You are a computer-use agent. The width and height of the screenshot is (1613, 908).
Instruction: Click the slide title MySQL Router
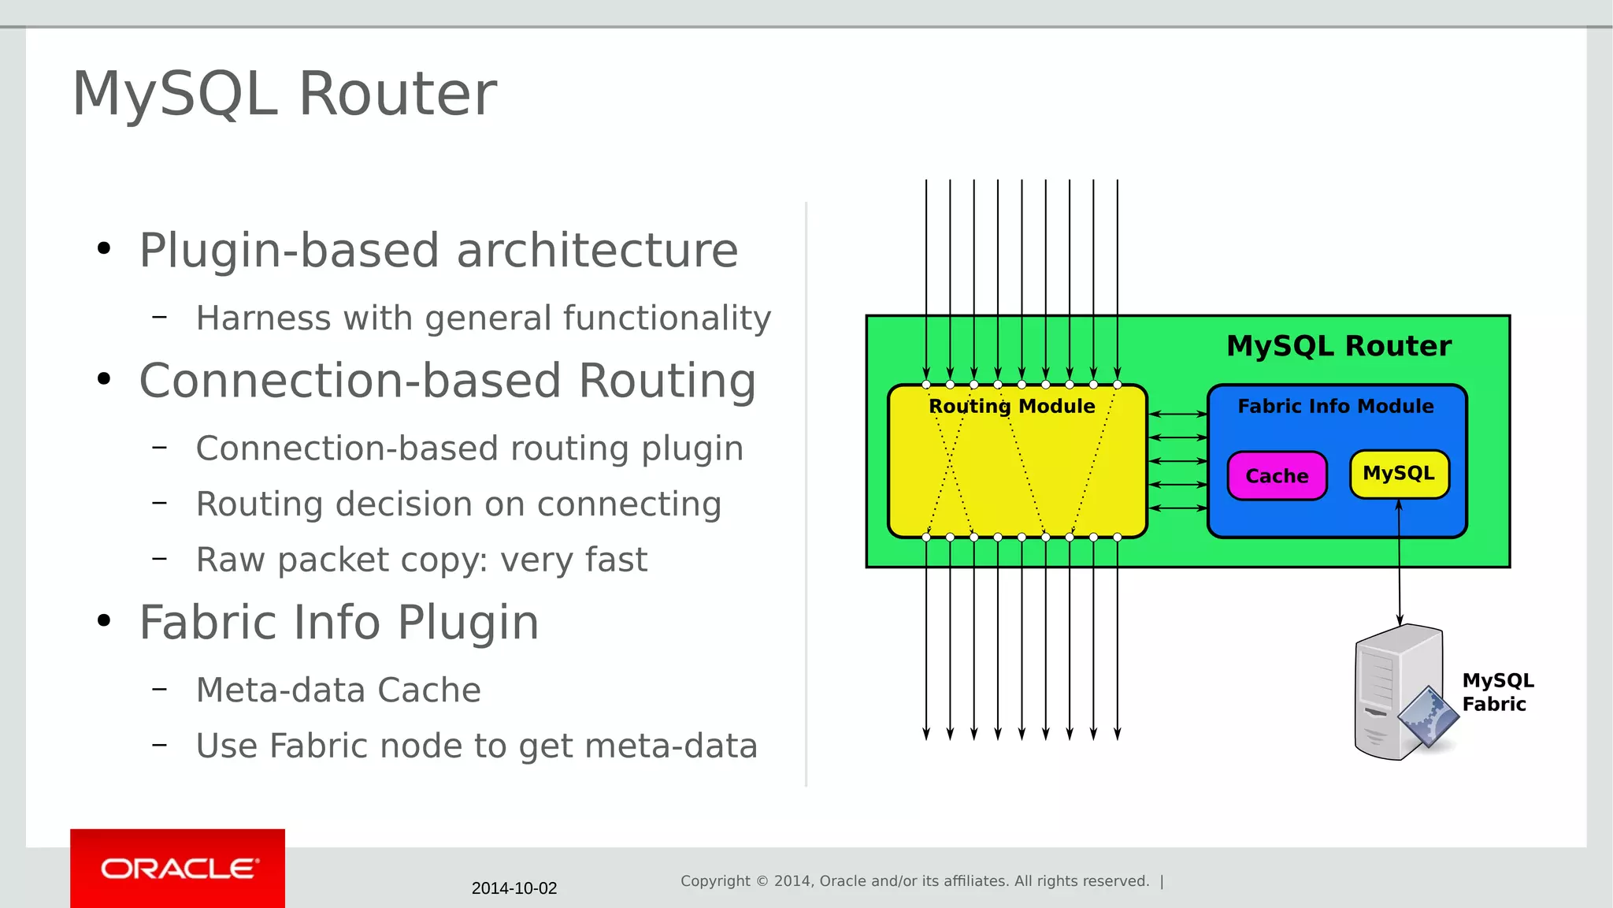284,94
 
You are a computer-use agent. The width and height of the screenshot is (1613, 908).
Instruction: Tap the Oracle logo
178,869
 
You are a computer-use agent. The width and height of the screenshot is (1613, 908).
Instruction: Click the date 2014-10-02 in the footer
514,888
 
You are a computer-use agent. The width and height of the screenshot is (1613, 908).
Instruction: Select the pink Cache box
1277,475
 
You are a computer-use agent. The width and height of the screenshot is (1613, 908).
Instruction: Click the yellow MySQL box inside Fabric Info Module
1399,473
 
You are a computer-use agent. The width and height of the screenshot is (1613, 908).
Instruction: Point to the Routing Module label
1012,406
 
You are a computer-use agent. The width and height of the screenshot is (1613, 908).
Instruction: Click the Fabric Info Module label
1336,406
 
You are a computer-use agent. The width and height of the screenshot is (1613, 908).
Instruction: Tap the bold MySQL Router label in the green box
1339,346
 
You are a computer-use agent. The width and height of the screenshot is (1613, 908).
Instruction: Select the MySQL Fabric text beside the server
1497,692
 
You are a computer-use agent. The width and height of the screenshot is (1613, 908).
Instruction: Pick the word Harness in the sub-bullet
263,318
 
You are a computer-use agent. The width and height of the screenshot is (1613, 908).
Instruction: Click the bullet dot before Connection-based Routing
104,380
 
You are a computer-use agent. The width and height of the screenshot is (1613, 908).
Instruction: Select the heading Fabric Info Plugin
339,623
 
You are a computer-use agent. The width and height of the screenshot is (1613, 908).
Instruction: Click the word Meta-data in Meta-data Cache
281,690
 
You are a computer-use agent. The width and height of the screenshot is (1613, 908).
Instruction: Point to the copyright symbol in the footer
762,881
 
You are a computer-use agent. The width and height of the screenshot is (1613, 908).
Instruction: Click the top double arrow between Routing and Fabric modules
1177,414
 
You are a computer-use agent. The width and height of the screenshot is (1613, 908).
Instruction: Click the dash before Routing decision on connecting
160,503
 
